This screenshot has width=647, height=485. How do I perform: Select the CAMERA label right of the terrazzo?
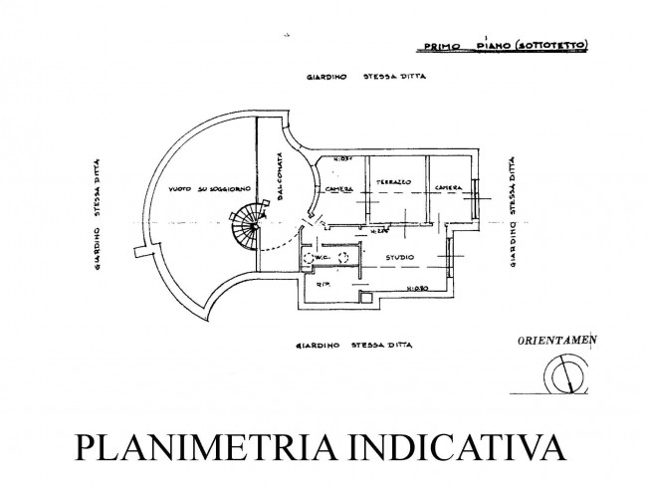coord(446,188)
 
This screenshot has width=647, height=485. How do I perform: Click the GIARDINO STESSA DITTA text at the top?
coord(353,77)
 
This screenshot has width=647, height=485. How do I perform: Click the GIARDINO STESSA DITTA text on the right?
coord(512,213)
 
